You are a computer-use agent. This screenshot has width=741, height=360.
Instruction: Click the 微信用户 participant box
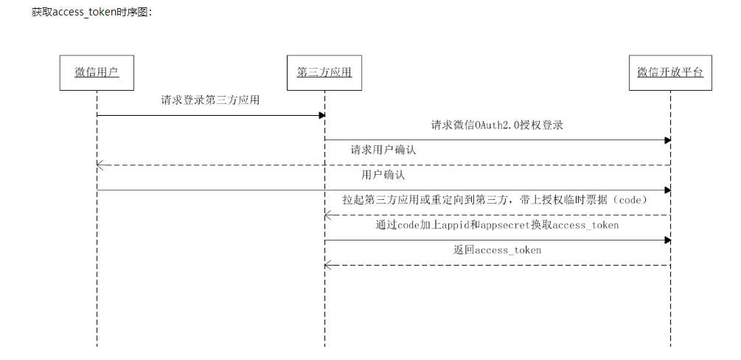pos(97,72)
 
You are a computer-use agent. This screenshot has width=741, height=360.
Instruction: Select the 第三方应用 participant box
pos(324,72)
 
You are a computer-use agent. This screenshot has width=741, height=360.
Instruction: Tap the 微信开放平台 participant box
pos(670,72)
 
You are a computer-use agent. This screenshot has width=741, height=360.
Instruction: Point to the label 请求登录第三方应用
pos(210,100)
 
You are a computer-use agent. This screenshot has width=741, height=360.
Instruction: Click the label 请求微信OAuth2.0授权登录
pos(497,125)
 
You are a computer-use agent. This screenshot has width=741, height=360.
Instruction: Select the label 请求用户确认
pos(383,150)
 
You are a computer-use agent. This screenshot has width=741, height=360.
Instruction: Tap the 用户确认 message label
pos(383,176)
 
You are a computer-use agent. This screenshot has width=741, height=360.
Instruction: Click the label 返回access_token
pos(497,250)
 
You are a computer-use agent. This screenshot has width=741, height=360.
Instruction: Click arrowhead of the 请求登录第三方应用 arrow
pos(321,115)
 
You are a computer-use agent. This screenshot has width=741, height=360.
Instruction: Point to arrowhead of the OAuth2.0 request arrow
pos(667,140)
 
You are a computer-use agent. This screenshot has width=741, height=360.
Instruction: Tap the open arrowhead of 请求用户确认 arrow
pos(100,165)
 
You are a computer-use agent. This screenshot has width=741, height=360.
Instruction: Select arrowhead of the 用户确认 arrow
pos(667,190)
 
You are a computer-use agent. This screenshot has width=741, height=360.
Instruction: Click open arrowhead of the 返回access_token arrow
pos(327,265)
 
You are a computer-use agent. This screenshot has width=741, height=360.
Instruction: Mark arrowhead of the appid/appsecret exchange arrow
pos(667,240)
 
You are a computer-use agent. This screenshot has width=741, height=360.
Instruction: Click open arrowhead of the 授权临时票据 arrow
pos(327,215)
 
